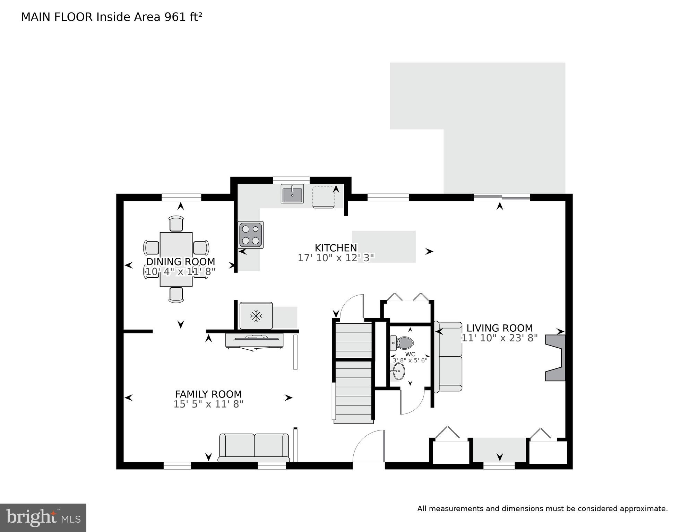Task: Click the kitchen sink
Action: (x=292, y=193)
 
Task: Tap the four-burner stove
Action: (x=251, y=235)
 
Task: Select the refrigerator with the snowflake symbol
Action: (x=256, y=316)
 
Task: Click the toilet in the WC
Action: (x=403, y=343)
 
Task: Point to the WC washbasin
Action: (x=398, y=372)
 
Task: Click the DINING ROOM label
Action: (x=180, y=262)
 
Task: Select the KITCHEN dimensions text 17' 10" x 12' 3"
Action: (x=336, y=258)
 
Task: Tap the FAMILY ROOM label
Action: (x=208, y=394)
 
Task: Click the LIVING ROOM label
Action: (x=499, y=328)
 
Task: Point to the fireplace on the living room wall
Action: (x=556, y=358)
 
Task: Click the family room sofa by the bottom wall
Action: (x=254, y=448)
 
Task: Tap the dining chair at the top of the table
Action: (x=176, y=224)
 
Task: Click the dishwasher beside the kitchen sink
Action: (x=324, y=197)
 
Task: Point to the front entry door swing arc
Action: (x=368, y=445)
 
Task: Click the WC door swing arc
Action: (x=413, y=402)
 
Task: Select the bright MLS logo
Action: (x=43, y=517)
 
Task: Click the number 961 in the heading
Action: (x=175, y=17)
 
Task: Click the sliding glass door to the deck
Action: (x=502, y=198)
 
